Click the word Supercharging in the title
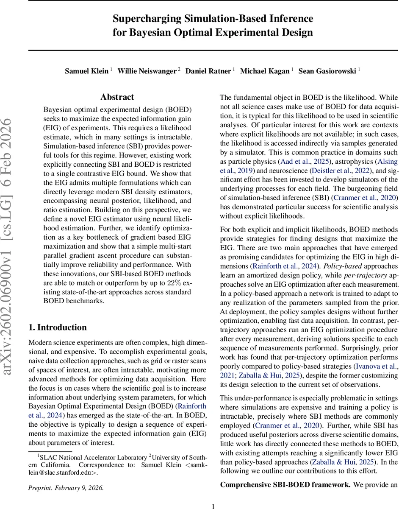pos(143,19)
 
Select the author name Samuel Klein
pos(86,71)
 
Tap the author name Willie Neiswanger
pos(147,71)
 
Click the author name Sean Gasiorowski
pos(327,71)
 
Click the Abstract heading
pos(117,97)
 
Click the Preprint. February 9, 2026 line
pos(66,487)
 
